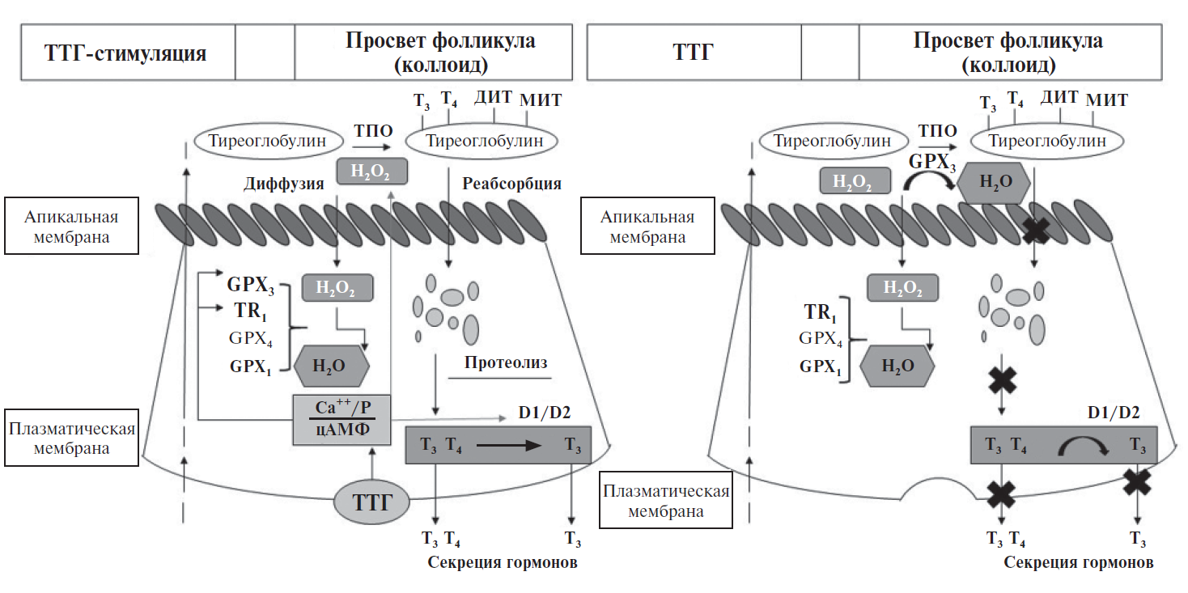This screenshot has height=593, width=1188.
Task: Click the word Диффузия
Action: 284,184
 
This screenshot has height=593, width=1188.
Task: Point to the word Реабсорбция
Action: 511,184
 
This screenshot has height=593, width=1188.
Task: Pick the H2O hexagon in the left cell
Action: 331,366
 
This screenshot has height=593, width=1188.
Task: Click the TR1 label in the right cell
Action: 820,314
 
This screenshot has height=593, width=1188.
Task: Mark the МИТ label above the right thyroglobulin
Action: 1106,100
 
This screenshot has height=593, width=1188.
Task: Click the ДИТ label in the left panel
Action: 494,97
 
